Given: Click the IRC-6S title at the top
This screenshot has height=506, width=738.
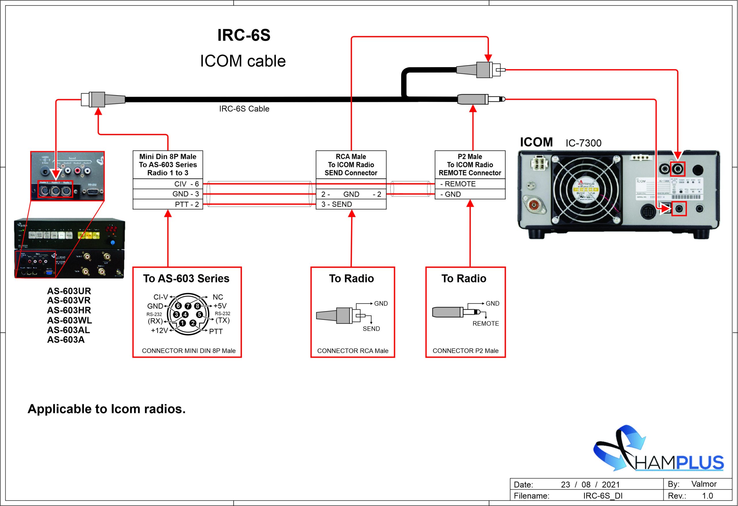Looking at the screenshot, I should click(x=244, y=35).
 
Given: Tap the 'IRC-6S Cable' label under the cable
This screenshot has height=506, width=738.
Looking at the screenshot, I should click(x=244, y=109).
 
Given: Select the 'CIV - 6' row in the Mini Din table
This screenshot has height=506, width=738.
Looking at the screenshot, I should click(x=187, y=184).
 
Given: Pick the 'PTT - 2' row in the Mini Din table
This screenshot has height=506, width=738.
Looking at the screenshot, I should click(x=187, y=204).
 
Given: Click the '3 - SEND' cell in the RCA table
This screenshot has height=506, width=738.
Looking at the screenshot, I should click(x=337, y=204).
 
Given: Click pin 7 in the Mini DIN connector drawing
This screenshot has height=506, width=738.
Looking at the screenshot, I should click(x=188, y=306).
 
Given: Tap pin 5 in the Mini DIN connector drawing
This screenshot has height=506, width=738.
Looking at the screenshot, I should click(x=199, y=315).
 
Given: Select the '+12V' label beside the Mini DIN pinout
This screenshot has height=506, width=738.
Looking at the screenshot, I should click(x=159, y=331).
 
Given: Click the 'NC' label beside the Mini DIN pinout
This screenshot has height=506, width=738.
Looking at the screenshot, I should click(x=218, y=297).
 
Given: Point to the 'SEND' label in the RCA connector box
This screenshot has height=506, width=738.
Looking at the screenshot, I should click(x=371, y=329).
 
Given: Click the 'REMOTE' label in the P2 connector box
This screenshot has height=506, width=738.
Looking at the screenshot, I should click(x=485, y=324).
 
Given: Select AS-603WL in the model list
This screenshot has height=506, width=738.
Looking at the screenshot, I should click(x=69, y=320).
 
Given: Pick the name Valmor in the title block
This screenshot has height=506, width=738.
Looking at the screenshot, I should click(x=704, y=484).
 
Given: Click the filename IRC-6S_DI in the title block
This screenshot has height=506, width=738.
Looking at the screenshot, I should click(x=603, y=496).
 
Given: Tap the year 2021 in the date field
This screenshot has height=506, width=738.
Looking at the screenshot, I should click(x=610, y=485).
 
